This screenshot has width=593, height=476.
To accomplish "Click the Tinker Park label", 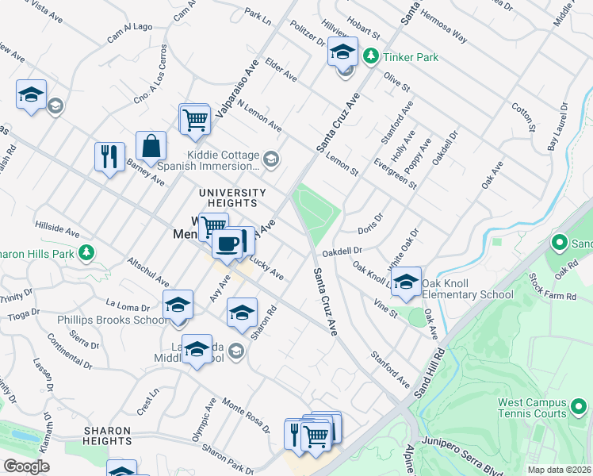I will (411, 57).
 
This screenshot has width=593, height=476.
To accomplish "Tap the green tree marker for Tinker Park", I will (370, 56).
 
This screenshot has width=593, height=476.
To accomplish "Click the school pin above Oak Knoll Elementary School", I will (406, 282).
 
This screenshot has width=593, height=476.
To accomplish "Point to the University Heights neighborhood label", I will (232, 198).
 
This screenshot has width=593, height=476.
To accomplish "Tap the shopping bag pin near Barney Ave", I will (151, 147).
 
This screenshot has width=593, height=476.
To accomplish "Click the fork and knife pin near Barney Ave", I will (109, 155).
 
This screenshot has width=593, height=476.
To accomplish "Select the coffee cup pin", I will (227, 244).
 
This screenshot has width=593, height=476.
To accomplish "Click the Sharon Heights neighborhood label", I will (107, 436).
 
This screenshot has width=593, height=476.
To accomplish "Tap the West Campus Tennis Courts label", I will (533, 408).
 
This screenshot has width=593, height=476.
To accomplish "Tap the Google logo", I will (26, 466).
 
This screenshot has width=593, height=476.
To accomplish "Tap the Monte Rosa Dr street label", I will (246, 414).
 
